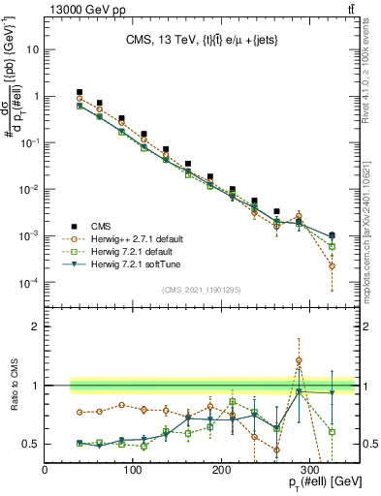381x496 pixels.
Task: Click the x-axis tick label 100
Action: (x=134, y=470)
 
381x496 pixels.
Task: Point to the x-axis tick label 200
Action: (x=222, y=470)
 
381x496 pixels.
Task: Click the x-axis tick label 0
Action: (x=46, y=470)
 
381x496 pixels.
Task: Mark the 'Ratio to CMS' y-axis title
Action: (x=14, y=397)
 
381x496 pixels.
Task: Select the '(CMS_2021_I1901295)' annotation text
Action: (x=203, y=289)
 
